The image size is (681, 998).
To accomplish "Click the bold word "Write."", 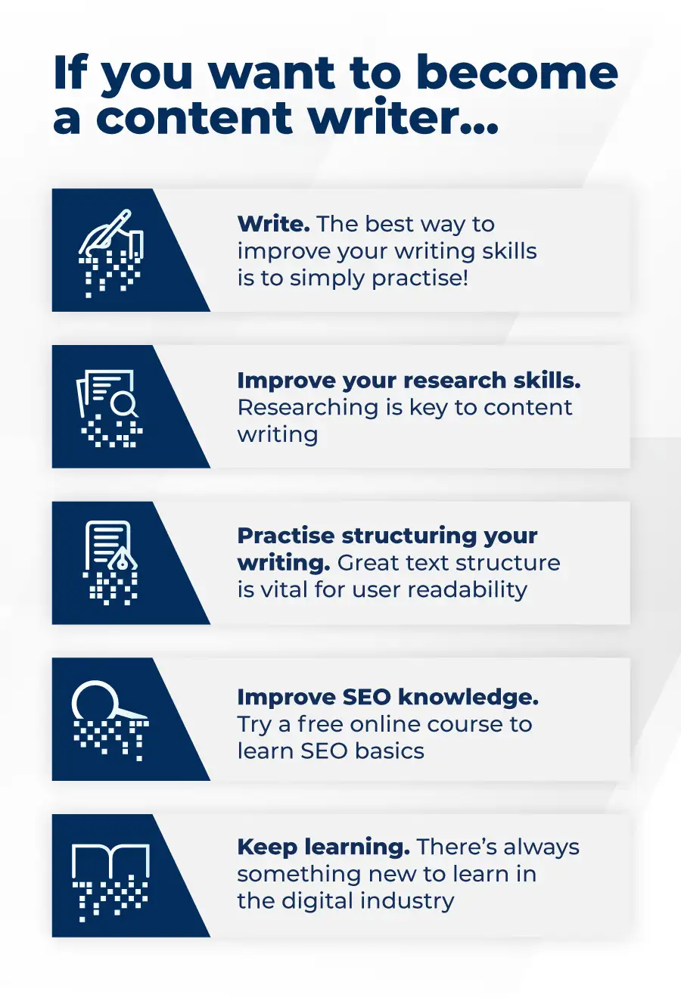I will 273,224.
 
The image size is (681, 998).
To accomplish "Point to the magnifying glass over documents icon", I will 110,407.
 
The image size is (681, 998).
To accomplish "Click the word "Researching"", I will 308,407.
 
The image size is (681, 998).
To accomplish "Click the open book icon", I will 110,878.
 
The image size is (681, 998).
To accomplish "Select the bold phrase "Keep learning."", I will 324,847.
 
